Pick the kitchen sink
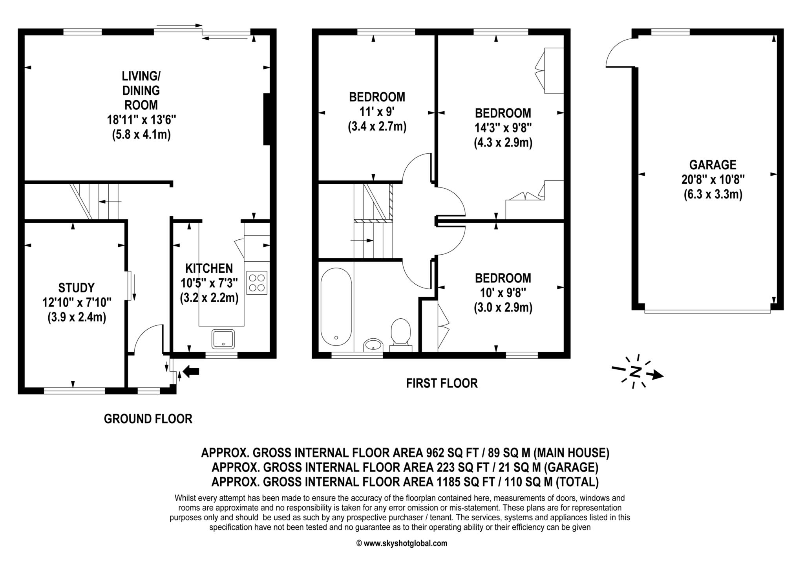click(x=223, y=339)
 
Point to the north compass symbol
click(x=637, y=371)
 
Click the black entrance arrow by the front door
click(x=191, y=371)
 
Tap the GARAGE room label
click(x=713, y=165)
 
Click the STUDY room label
click(x=77, y=288)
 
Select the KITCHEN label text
click(x=209, y=268)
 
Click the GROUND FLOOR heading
click(x=148, y=419)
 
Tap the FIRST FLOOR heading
click(x=442, y=383)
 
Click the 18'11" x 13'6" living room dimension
click(x=141, y=120)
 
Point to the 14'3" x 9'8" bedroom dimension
click(x=503, y=128)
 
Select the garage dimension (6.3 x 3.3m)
click(x=713, y=195)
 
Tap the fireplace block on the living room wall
click(x=267, y=119)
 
